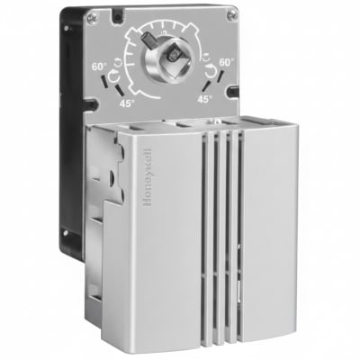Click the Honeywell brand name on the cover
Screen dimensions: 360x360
[148, 177]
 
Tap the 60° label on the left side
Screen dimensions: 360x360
[99, 67]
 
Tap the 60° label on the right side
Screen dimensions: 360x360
[227, 62]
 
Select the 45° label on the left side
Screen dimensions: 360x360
[127, 103]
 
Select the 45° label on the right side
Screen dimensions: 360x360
[205, 99]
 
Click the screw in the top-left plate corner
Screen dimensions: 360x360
[91, 19]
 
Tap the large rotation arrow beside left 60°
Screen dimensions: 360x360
[113, 77]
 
